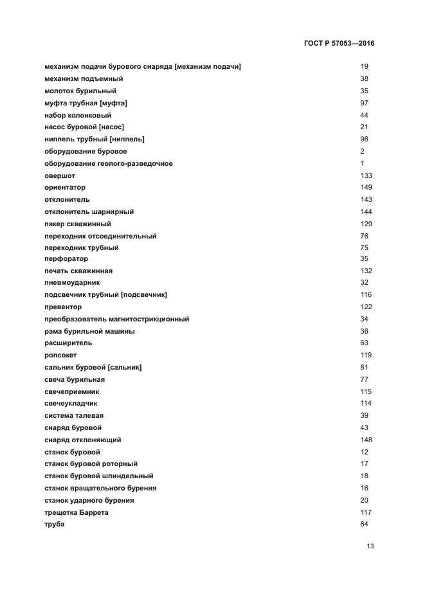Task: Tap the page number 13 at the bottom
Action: click(x=370, y=546)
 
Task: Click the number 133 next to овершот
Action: click(x=366, y=175)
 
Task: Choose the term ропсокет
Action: click(x=60, y=355)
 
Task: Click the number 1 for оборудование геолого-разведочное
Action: click(x=363, y=163)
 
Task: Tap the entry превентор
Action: click(x=63, y=307)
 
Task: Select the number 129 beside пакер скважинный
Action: click(x=366, y=224)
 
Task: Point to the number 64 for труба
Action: click(x=365, y=525)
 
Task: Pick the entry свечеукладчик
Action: click(x=72, y=404)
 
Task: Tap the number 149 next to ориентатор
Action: click(x=366, y=188)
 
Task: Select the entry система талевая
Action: click(x=74, y=416)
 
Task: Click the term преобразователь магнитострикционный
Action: click(x=116, y=319)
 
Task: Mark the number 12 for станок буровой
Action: click(x=365, y=452)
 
